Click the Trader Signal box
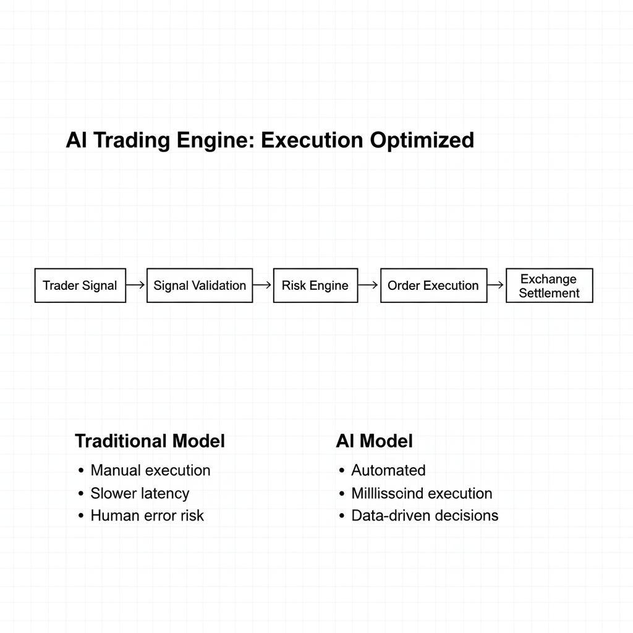coord(80,286)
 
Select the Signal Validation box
coord(200,286)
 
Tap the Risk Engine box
coord(315,286)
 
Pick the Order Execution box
coord(433,286)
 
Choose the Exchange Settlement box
coord(549,286)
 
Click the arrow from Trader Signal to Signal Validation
coord(136,286)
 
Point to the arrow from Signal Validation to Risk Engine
coord(263,286)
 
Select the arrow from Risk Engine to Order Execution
coord(368,286)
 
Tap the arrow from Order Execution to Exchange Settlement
coord(496,286)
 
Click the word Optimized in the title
coord(422,140)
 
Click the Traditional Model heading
coord(150,441)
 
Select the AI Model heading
coord(374,441)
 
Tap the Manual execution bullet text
coord(150,470)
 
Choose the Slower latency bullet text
coord(140,493)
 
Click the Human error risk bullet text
coord(147,516)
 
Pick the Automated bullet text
coord(388,470)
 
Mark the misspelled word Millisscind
coord(387,493)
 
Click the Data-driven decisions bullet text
coord(425,516)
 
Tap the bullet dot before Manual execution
coord(81,471)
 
